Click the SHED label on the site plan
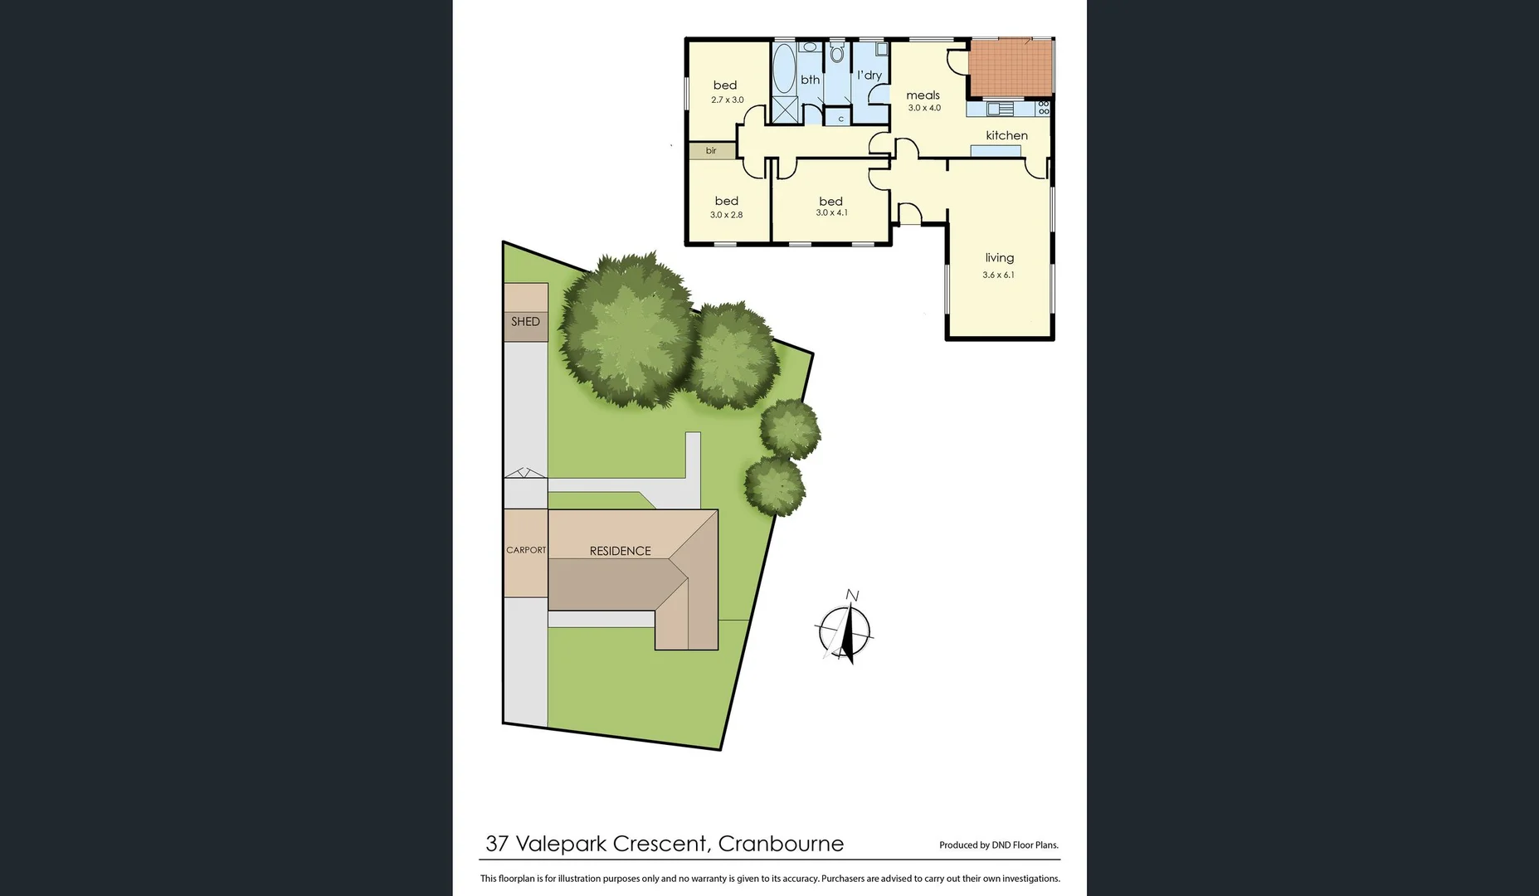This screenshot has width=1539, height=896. point(525,322)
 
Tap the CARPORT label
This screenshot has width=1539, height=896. point(526,550)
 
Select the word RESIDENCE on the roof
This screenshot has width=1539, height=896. point(620,551)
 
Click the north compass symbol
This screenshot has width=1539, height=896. point(845,631)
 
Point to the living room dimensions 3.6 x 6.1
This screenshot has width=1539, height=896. point(998,275)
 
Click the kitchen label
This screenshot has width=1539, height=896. point(1006,135)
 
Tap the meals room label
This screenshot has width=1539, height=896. point(923,95)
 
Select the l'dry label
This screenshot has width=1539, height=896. point(869,75)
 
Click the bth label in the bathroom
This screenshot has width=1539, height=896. point(810,80)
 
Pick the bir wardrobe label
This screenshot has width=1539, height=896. point(711,151)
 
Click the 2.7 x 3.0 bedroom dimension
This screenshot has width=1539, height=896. point(727,100)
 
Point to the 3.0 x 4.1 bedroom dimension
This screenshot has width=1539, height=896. point(831,213)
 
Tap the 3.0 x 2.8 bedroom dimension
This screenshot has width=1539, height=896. point(726,215)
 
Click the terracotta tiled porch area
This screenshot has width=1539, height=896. point(1010,68)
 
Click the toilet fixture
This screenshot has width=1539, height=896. point(836,54)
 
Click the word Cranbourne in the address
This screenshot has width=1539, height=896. point(781,844)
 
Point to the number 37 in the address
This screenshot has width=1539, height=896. point(497,844)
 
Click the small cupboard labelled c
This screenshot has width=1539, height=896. point(840,119)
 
